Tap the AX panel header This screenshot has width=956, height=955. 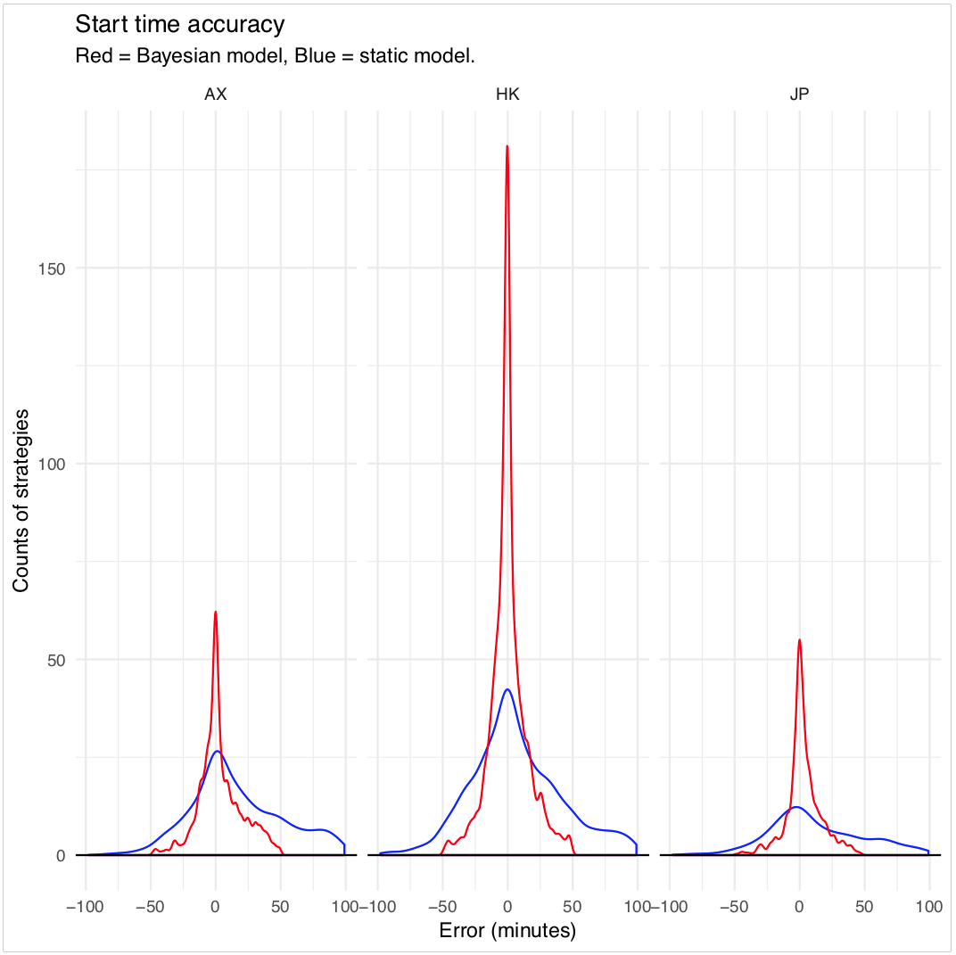click(216, 95)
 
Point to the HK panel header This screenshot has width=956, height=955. click(507, 95)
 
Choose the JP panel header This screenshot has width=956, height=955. click(800, 95)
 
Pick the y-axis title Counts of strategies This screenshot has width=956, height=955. click(21, 499)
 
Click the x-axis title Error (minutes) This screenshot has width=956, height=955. click(507, 931)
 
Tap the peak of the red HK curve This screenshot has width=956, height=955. click(507, 146)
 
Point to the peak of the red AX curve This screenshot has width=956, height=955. click(216, 612)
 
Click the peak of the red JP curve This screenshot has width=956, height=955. click(799, 639)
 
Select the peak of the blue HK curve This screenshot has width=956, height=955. click(507, 689)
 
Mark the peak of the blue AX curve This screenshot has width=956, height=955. click(217, 751)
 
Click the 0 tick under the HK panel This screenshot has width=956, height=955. click(507, 907)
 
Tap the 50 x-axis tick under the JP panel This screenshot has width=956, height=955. click(864, 907)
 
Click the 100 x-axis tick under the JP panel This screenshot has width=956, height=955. click(929, 907)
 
